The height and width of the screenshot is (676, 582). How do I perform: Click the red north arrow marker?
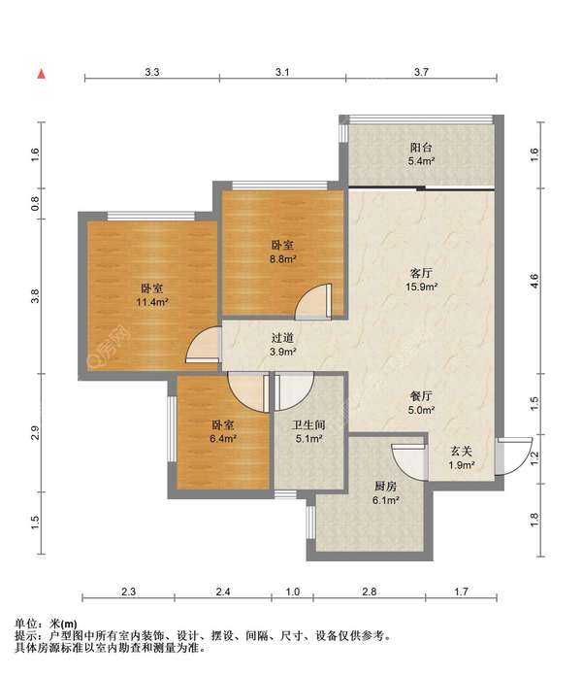pos(42,75)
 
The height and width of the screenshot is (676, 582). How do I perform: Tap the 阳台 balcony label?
pos(421,148)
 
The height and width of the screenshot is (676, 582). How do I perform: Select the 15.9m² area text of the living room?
pos(421,287)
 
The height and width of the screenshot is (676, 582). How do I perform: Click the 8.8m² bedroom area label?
pos(282,259)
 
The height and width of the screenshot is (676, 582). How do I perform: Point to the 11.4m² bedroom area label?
pos(152,302)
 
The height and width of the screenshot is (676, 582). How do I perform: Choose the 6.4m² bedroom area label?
pos(223,439)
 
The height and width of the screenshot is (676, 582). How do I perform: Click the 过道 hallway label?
pos(282,338)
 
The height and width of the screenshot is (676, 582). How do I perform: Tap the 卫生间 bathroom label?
pos(308,425)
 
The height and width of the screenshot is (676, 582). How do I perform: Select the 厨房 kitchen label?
pos(385,487)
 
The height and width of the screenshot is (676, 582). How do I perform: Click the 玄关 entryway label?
pos(462,452)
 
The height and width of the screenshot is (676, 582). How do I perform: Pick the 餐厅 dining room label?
pos(421,395)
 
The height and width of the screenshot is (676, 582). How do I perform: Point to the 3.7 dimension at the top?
pos(421,72)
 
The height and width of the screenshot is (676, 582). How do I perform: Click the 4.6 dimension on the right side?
pos(534,281)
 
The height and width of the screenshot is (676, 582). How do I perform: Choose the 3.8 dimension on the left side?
pos(35,296)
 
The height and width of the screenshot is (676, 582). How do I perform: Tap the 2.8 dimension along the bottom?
pos(370,591)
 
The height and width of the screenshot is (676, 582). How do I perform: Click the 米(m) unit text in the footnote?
pos(64,624)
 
